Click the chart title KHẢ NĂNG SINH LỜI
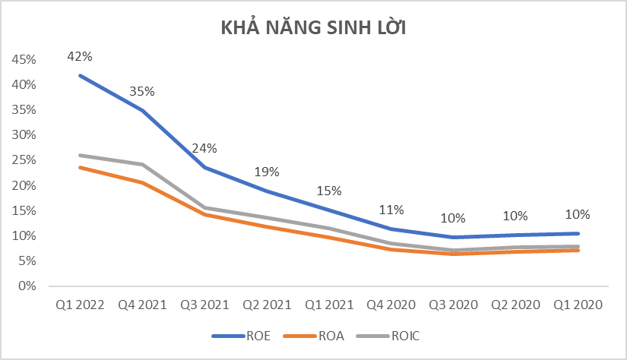pyautogui.click(x=314, y=28)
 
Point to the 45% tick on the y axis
pyautogui.click(x=22, y=59)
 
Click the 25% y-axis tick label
pyautogui.click(x=22, y=160)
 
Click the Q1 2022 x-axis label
pyautogui.click(x=80, y=305)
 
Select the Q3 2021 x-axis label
pyautogui.click(x=204, y=305)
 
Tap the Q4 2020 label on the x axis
pyautogui.click(x=391, y=305)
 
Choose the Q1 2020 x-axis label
pyautogui.click(x=578, y=305)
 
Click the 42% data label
pyautogui.click(x=80, y=55)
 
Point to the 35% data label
pyautogui.click(x=142, y=91)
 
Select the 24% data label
pyautogui.click(x=204, y=147)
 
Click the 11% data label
pyautogui.click(x=391, y=210)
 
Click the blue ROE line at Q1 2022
pyautogui.click(x=80, y=75)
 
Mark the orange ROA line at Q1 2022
pyautogui.click(x=80, y=167)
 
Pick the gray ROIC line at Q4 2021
pyautogui.click(x=142, y=164)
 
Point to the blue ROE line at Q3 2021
pyautogui.click(x=204, y=167)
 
